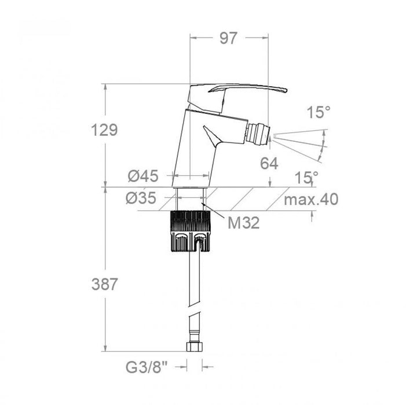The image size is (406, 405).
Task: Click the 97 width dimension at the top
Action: point(229,38)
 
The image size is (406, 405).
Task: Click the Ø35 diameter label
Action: point(141,198)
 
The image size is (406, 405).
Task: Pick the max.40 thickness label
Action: point(312,200)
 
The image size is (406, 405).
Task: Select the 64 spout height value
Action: point(269,164)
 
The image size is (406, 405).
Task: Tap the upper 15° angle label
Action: point(319,113)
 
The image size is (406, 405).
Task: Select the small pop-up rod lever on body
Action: point(214,137)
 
